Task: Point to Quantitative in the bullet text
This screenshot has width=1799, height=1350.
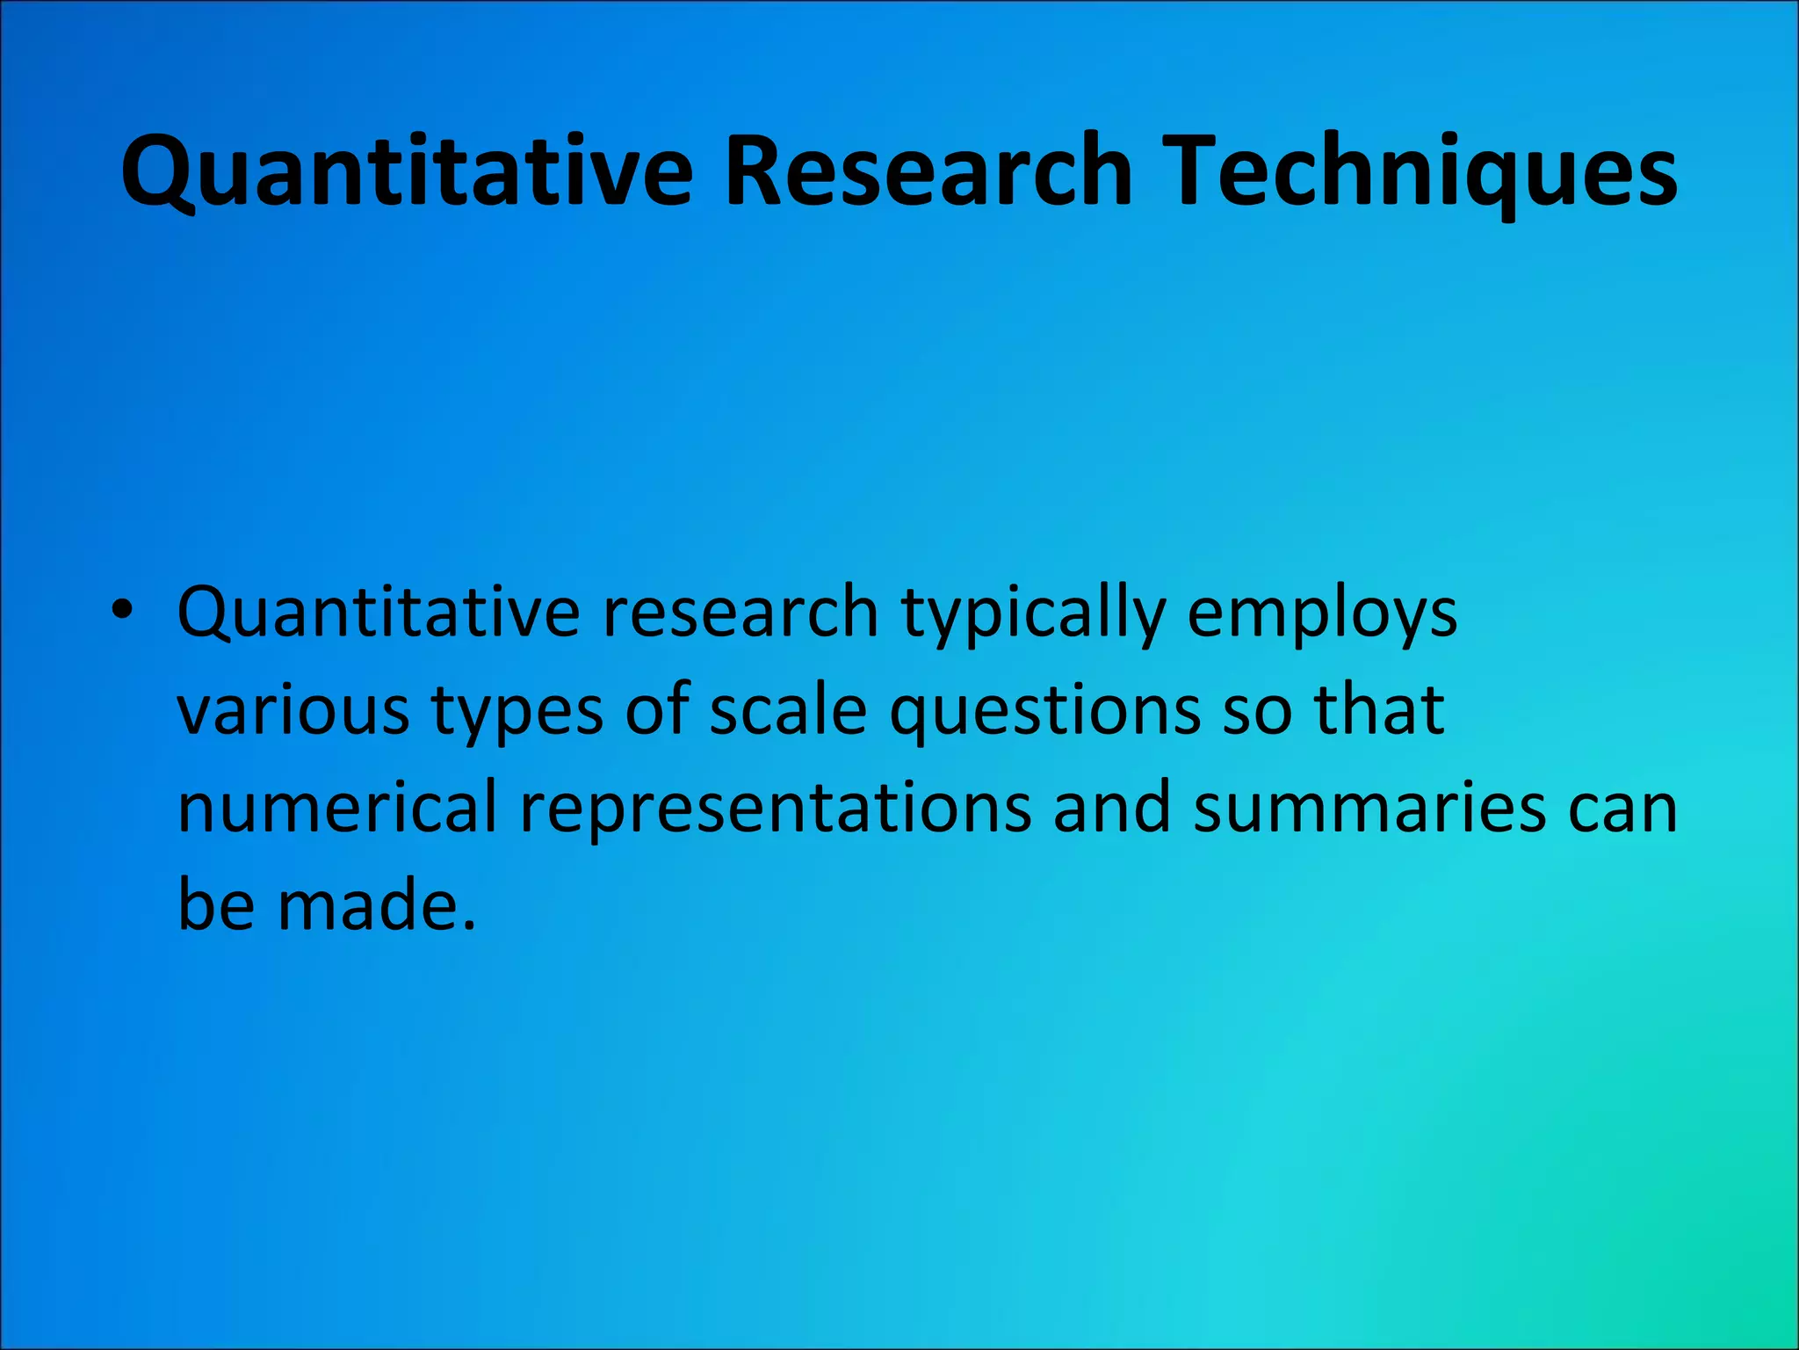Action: point(378,613)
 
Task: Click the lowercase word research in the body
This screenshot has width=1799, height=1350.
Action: point(740,613)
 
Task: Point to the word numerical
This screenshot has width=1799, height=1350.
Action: point(337,807)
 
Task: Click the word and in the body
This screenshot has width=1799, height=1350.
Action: point(1112,807)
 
